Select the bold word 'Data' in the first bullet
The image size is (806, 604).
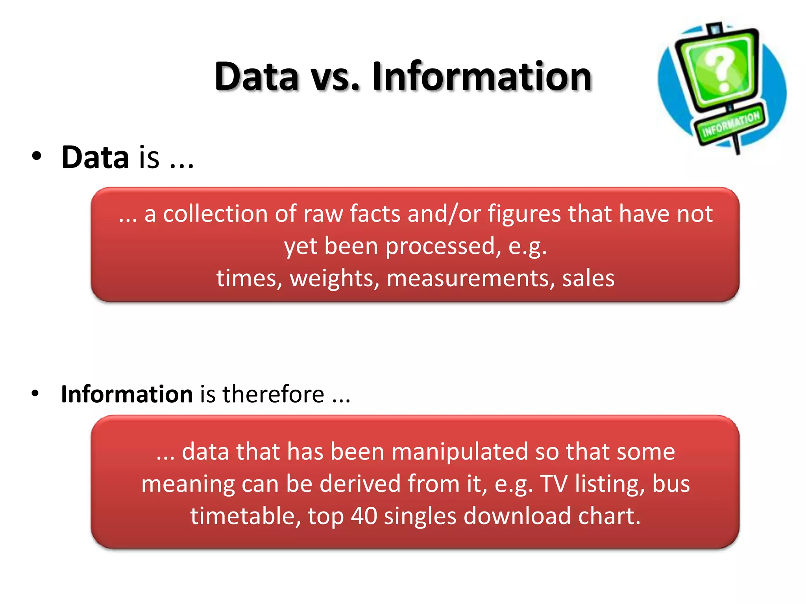click(95, 157)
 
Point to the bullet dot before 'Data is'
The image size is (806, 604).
click(37, 156)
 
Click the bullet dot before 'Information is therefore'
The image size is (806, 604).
click(35, 393)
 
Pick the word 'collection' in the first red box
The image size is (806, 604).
click(215, 214)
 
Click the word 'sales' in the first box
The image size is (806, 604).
click(588, 278)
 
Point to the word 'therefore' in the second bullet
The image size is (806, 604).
click(274, 394)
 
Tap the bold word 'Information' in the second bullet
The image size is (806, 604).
click(127, 394)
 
